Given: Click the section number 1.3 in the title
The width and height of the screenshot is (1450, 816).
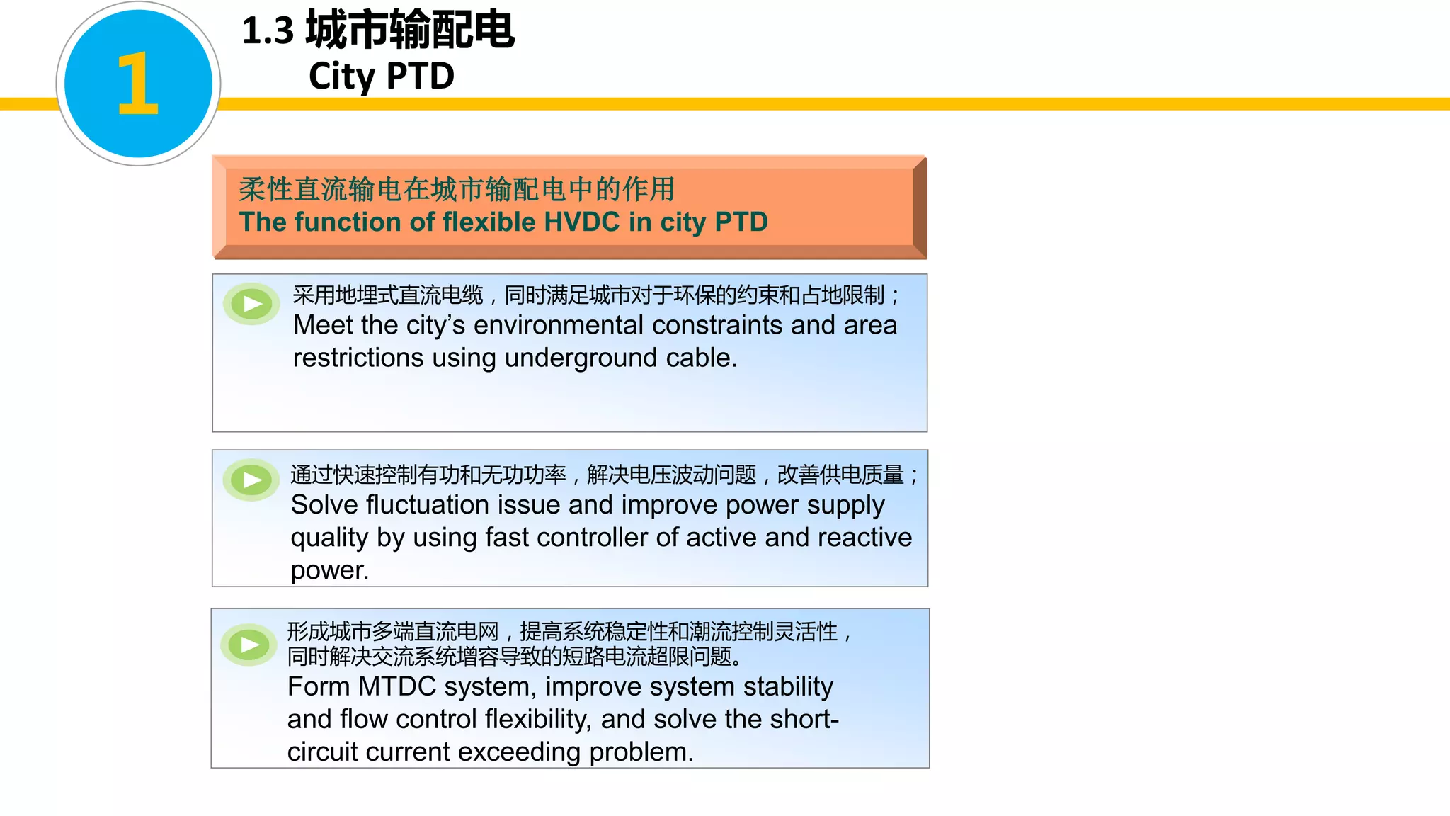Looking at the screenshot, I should point(267,31).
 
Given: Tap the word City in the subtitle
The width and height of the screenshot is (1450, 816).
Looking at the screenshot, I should point(341,76).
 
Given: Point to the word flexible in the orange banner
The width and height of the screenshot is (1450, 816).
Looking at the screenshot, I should point(489,222).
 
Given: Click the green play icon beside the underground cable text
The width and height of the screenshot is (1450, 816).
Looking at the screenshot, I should point(251,305).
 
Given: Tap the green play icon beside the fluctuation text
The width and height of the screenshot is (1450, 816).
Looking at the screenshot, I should point(251,480).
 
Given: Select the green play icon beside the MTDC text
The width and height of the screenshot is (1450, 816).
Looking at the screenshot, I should point(249,645).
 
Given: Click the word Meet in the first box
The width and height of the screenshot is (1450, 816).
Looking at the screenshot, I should point(323,325).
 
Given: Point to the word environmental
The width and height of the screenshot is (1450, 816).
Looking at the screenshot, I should point(558,325).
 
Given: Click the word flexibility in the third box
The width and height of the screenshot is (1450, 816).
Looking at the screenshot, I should point(537,719).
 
